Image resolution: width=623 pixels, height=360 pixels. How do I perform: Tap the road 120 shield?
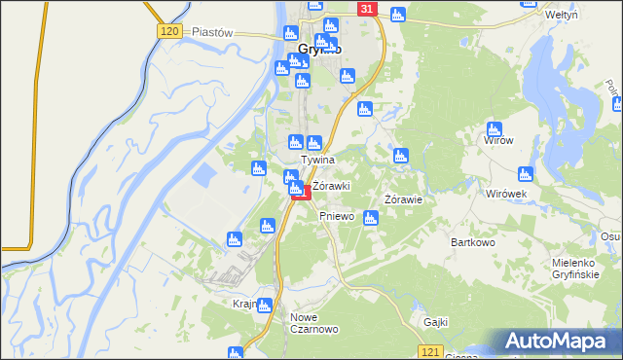tap(167, 32)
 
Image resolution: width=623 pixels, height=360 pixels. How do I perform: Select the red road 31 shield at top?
tap(365, 9)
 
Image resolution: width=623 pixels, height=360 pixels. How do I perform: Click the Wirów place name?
tap(498, 140)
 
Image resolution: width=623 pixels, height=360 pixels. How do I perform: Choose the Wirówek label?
tap(506, 193)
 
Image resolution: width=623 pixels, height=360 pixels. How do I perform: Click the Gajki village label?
tap(434, 321)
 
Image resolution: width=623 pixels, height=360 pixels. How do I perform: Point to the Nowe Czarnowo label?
tap(313, 324)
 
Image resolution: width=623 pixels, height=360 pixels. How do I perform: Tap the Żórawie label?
tap(402, 199)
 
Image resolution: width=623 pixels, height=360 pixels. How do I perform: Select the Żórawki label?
tap(331, 185)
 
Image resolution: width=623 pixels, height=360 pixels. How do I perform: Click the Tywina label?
tap(318, 160)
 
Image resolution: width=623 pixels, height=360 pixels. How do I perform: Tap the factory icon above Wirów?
tap(495, 128)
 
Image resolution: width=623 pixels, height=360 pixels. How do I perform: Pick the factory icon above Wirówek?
tap(526, 174)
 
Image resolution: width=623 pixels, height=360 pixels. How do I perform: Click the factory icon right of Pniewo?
tap(370, 218)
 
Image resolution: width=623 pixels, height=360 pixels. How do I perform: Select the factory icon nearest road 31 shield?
tap(397, 14)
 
